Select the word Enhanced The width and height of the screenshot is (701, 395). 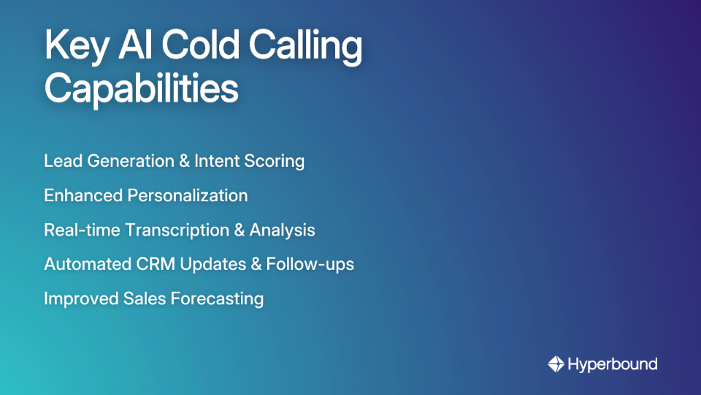click(83, 195)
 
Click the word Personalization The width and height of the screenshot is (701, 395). click(188, 195)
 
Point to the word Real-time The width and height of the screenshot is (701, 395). click(82, 230)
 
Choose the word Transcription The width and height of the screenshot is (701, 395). click(176, 230)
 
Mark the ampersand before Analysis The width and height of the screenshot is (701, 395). click(239, 230)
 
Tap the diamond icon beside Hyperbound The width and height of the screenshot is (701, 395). click(556, 364)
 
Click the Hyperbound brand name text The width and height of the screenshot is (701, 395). click(612, 364)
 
